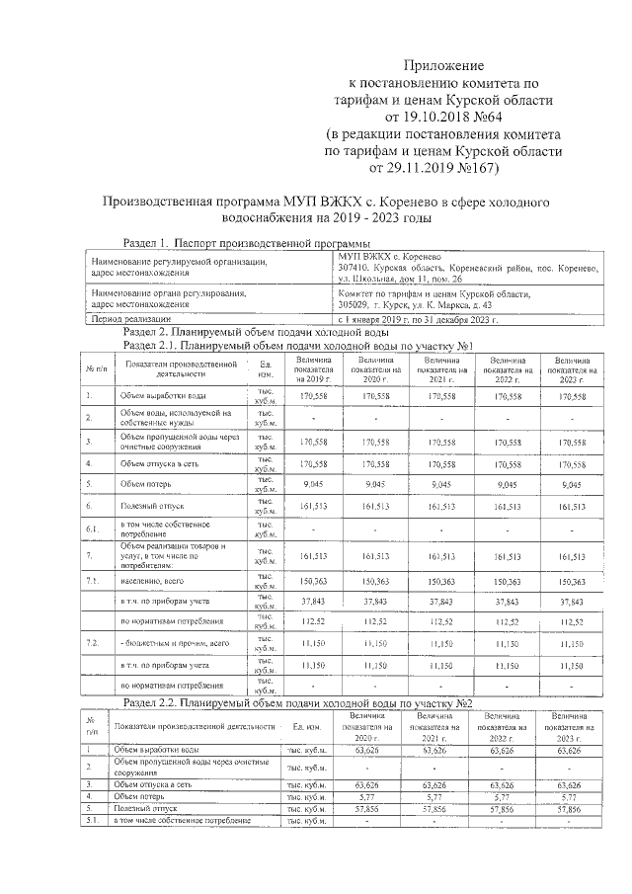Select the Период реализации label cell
coord(130,319)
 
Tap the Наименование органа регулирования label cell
coord(168,299)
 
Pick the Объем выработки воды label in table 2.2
coord(158,751)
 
